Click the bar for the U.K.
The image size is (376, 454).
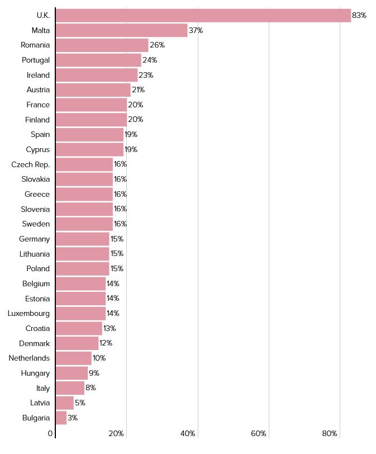pos(203,16)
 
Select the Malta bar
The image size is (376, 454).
pos(122,30)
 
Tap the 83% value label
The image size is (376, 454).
pos(359,16)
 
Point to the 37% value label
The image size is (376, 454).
pos(196,30)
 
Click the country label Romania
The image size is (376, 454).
pos(35,45)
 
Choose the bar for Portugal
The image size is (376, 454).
pos(98,60)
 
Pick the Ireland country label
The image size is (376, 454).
pos(38,75)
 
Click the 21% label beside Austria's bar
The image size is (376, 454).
pos(138,90)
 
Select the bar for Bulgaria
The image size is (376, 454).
pos(61,418)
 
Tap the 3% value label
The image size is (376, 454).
pos(73,418)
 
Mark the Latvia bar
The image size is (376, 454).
pos(64,403)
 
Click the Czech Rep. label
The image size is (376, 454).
pos(31,164)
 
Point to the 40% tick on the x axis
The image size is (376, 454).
pos(188,434)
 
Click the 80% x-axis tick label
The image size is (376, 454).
pos(330,434)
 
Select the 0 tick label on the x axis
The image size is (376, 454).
pos(50,434)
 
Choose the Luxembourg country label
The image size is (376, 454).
pos(28,313)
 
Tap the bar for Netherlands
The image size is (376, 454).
pos(73,358)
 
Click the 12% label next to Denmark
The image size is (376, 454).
pos(106,343)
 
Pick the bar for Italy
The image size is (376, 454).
pos(70,388)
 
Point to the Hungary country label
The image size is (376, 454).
pos(35,373)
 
